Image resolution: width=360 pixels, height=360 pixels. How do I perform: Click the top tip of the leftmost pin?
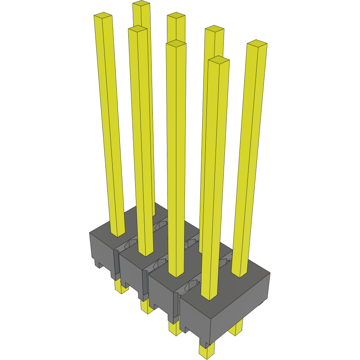click(103, 16)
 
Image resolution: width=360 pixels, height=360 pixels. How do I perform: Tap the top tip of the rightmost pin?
click(257, 43)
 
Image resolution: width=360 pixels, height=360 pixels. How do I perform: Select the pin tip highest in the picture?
click(141, 4)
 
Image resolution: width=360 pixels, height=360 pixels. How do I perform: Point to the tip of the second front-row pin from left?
click(138, 29)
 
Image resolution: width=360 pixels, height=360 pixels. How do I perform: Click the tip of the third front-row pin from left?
click(176, 43)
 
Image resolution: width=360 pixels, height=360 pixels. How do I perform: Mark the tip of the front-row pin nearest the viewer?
click(219, 59)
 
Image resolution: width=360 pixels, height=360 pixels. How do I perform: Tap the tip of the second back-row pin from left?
click(176, 15)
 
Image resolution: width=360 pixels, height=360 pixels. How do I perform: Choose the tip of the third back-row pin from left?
click(214, 28)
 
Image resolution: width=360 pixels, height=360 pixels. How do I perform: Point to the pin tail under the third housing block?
click(174, 329)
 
